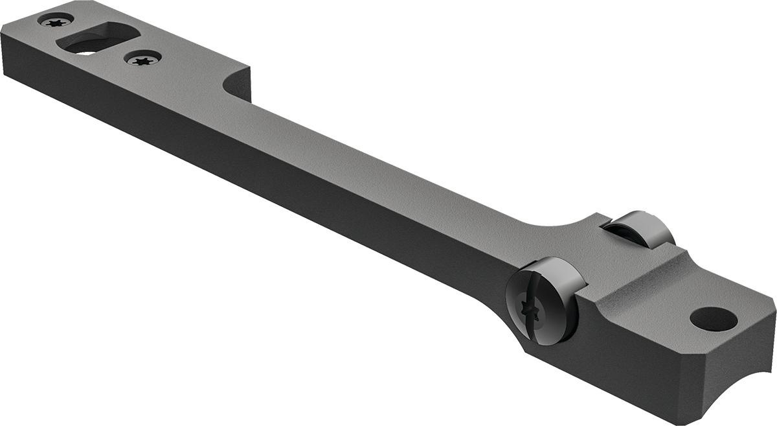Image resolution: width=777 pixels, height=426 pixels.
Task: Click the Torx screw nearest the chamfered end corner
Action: [54, 21]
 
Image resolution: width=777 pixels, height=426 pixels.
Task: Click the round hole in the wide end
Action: [713, 318]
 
